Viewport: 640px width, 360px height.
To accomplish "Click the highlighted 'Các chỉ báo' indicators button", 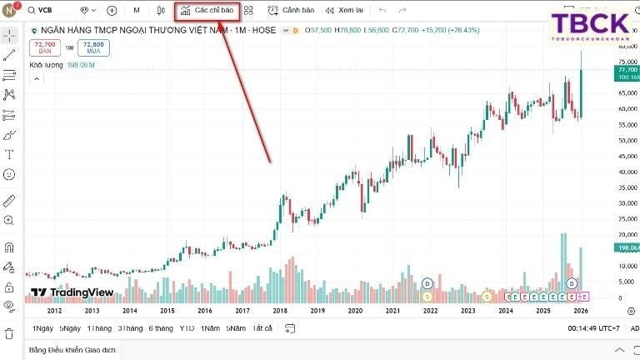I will (207, 11).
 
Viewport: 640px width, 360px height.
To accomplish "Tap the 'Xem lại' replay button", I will (344, 11).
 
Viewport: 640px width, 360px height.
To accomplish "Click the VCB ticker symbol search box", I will (50, 11).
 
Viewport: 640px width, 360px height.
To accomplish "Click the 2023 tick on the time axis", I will (468, 310).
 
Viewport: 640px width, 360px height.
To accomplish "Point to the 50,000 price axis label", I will (627, 140).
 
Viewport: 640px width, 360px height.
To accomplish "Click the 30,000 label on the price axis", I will (627, 202).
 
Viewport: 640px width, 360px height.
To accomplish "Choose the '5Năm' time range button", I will (236, 327).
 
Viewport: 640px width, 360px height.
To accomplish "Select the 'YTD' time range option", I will (187, 327).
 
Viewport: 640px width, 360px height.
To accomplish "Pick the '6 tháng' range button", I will (161, 327).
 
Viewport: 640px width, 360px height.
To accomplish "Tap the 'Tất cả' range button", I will (262, 327).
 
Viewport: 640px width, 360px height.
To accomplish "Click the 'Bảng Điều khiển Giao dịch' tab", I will (72, 350).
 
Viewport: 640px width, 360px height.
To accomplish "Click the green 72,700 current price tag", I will (627, 72).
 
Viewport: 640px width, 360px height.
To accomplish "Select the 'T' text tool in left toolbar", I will (9, 154).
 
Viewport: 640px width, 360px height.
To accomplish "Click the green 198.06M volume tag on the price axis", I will (627, 247).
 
